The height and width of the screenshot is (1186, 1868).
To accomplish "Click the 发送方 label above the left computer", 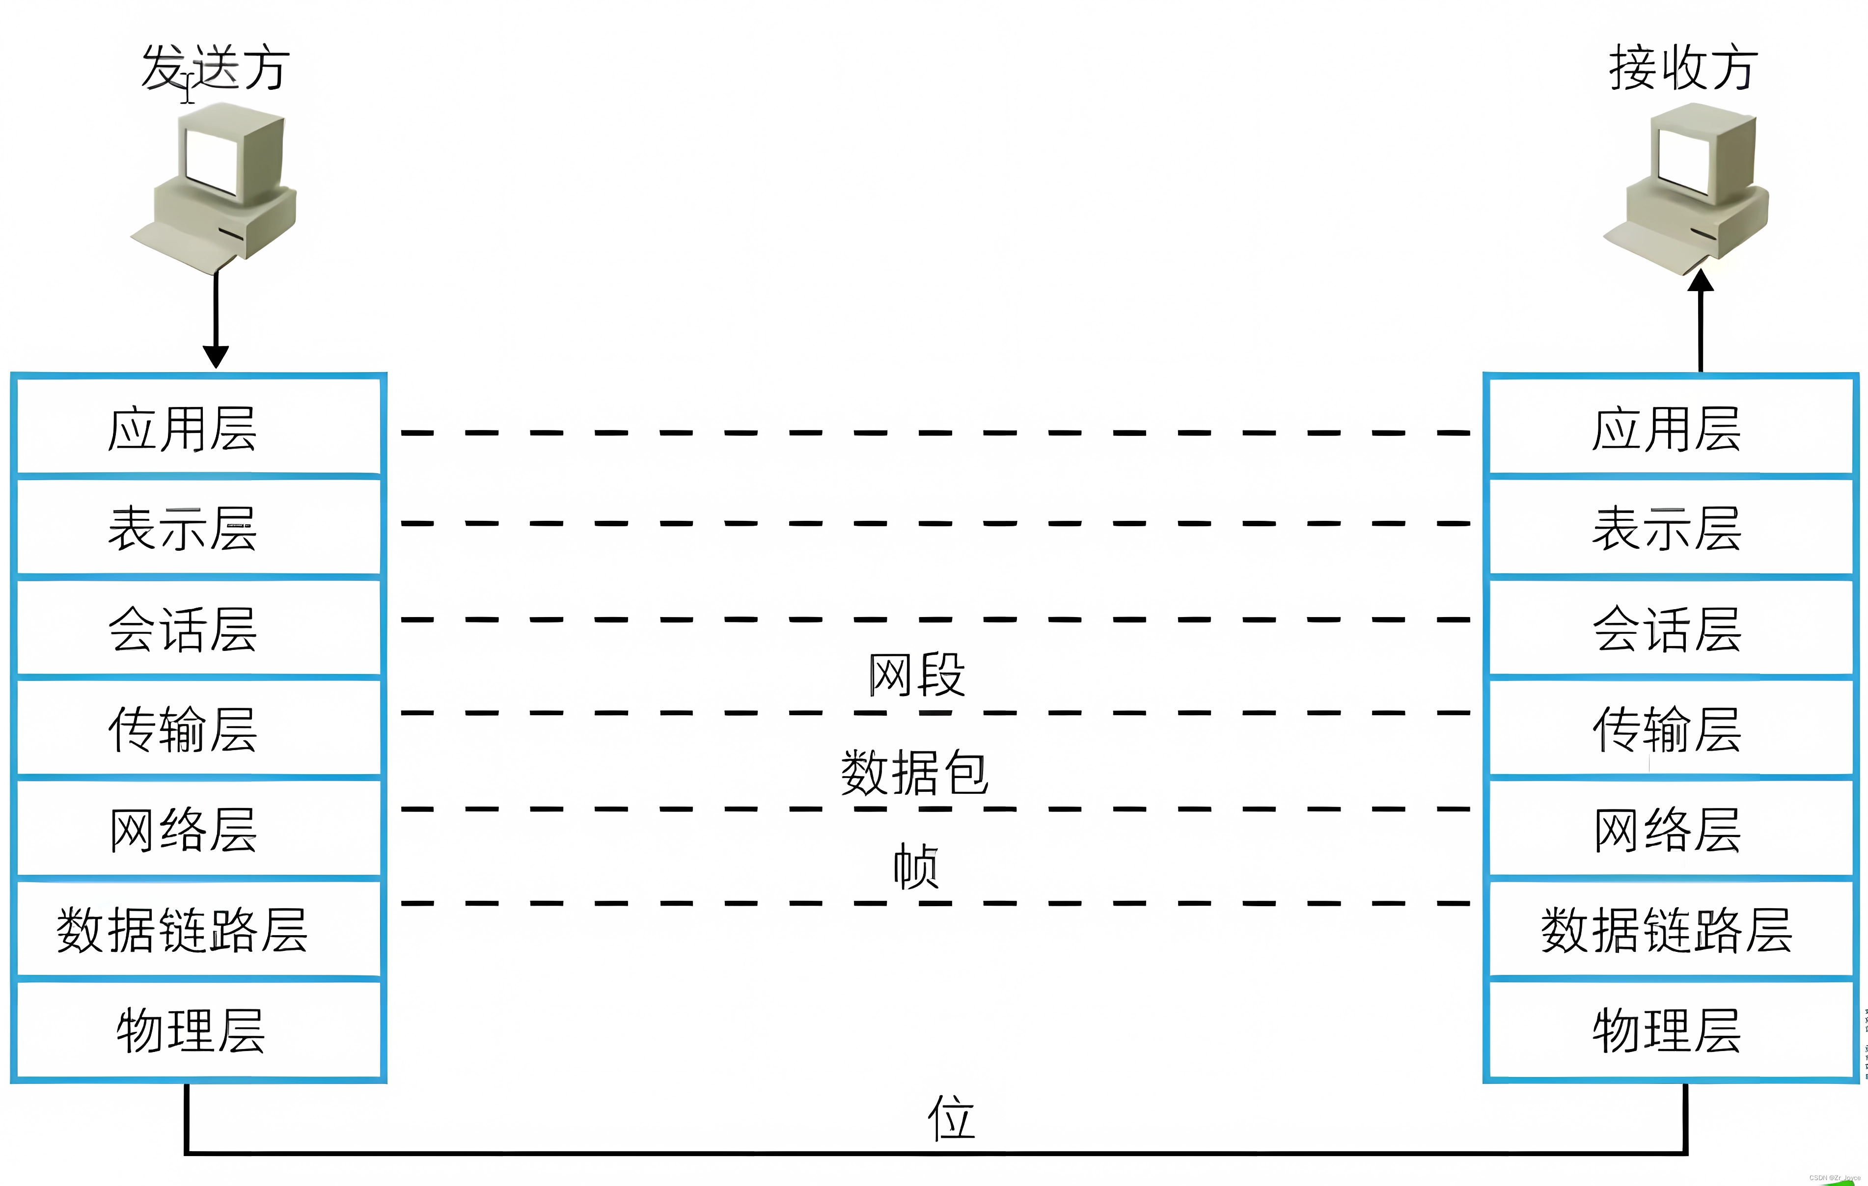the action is (x=215, y=68).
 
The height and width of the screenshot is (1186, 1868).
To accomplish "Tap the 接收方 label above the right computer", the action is (x=1682, y=68).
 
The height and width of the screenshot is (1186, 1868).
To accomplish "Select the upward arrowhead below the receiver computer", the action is (x=1701, y=281).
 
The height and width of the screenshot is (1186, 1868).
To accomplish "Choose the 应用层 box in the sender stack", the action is (x=198, y=428).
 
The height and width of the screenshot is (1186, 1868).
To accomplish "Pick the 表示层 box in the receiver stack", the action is (x=1670, y=527).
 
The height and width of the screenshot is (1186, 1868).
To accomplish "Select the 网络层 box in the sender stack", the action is (x=198, y=829).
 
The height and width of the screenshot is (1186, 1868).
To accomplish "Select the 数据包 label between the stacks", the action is (x=915, y=773).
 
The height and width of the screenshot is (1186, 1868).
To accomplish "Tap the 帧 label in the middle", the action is (x=916, y=866).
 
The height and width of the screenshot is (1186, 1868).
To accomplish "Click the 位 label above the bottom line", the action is (x=951, y=1118).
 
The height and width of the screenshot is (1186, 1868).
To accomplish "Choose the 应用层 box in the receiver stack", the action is (x=1670, y=428).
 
